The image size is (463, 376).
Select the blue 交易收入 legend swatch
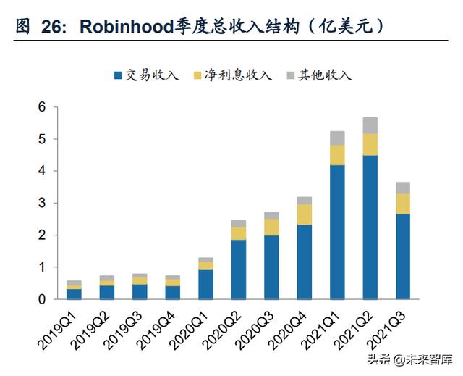click(x=118, y=75)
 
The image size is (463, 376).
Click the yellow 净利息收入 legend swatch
click(x=197, y=75)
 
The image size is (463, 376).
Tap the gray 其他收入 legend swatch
click(x=290, y=75)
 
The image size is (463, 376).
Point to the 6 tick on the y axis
click(x=42, y=107)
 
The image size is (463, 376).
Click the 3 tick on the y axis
click(x=42, y=204)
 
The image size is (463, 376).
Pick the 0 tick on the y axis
click(x=42, y=299)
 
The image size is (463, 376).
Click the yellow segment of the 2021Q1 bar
click(x=337, y=155)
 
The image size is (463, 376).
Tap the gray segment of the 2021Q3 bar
click(x=403, y=188)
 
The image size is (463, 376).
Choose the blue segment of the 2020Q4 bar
click(x=305, y=262)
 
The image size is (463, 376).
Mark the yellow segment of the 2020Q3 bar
click(x=271, y=227)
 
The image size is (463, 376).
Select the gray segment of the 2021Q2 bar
click(x=370, y=125)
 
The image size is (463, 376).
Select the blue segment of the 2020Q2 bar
click(x=239, y=269)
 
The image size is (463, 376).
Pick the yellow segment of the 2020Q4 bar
click(x=305, y=214)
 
